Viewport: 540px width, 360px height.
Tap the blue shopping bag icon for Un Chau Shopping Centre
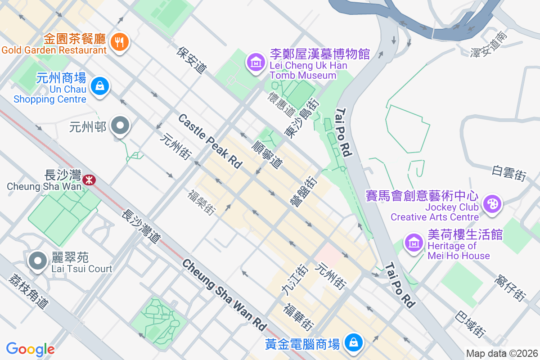pos(99,85)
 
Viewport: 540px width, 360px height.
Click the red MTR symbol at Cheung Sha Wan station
pos(89,180)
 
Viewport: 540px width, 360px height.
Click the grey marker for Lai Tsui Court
pos(38,261)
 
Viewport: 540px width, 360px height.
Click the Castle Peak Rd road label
pos(210,141)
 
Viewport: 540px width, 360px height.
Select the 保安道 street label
pos(192,60)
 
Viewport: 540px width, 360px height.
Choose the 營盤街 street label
pos(304,191)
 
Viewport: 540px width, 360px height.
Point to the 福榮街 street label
pos(201,202)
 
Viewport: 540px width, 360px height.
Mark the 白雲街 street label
pos(509,173)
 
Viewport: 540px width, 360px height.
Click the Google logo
pos(30,349)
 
